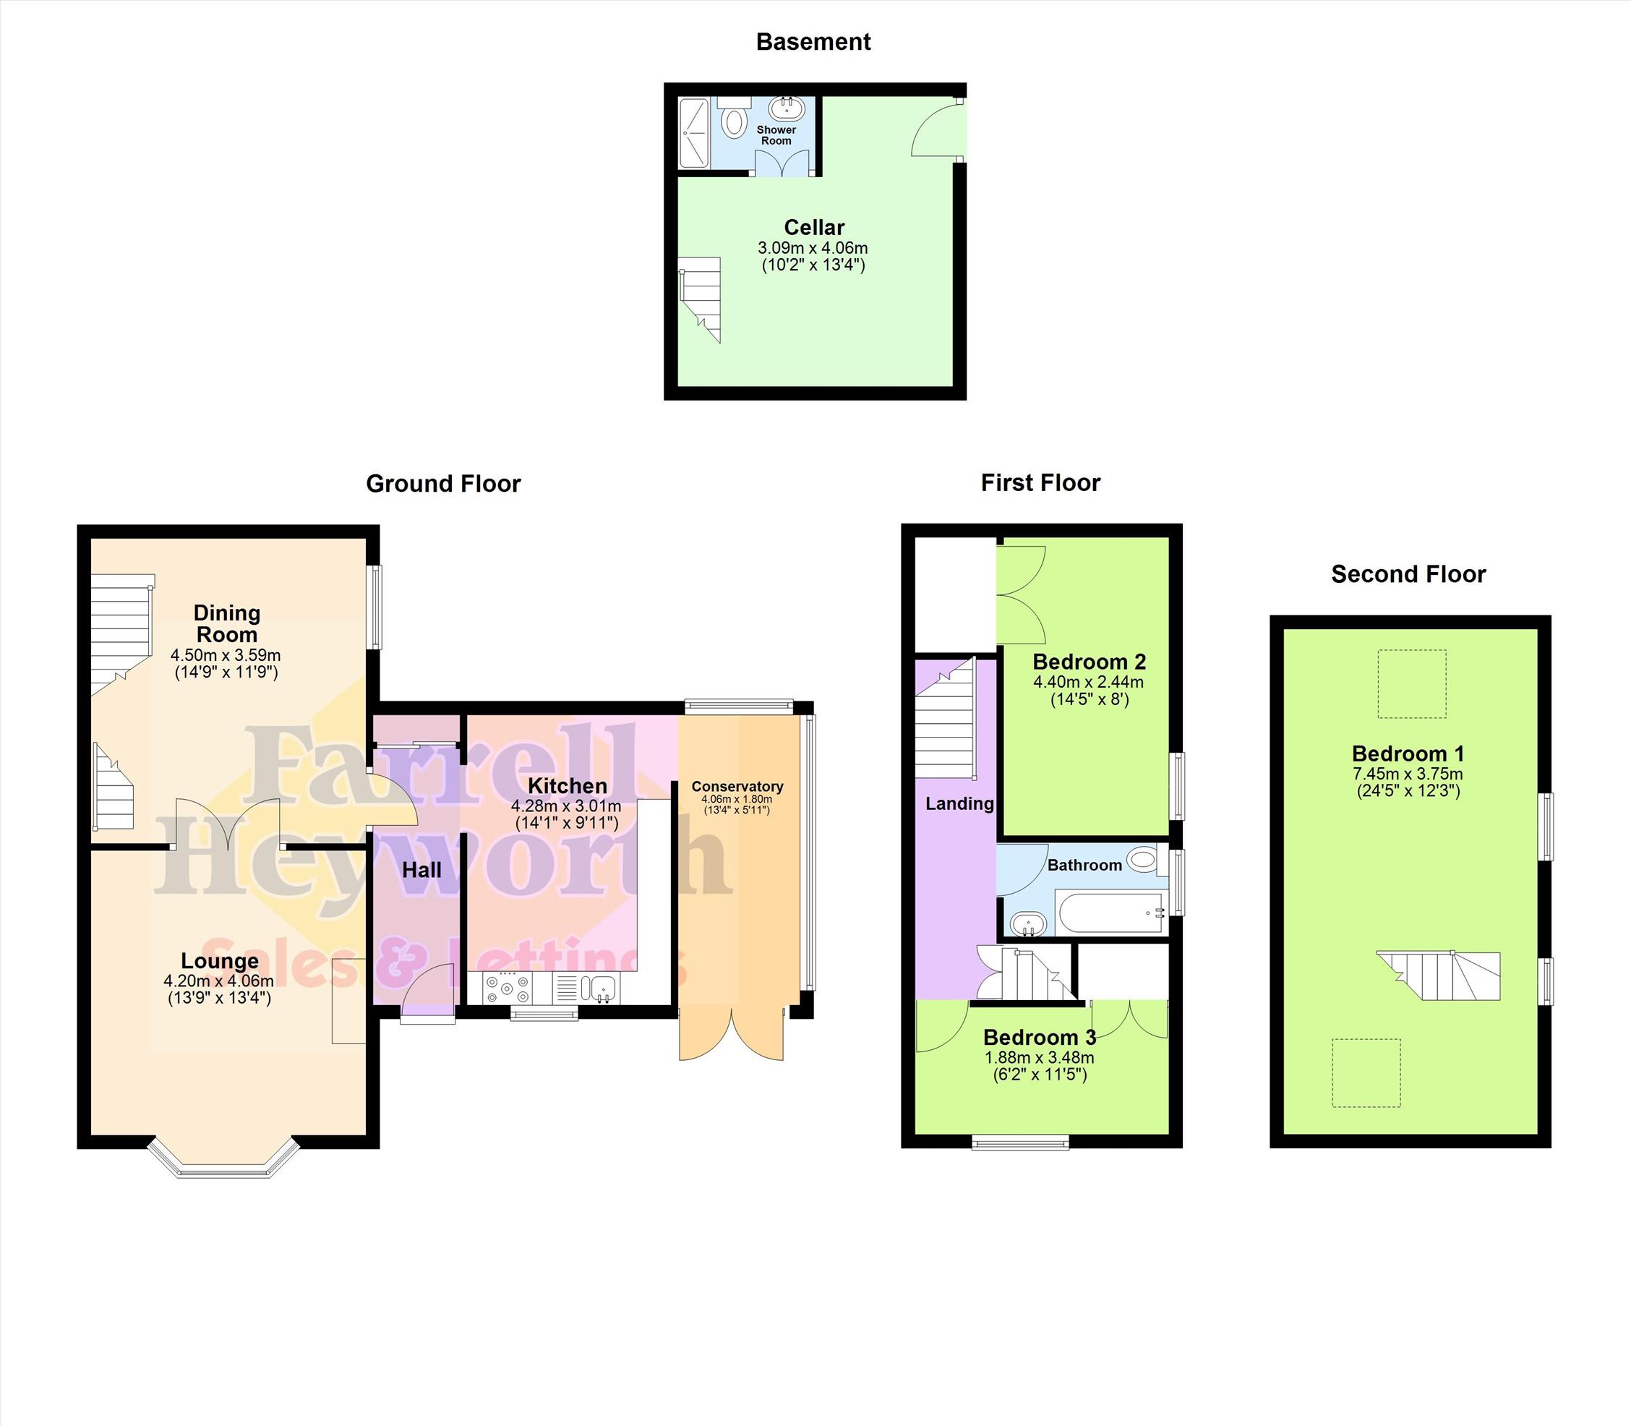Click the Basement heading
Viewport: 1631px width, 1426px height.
pyautogui.click(x=813, y=42)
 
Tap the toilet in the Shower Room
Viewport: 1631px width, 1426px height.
pyautogui.click(x=734, y=117)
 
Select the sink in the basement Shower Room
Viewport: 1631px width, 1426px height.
pyautogui.click(x=787, y=108)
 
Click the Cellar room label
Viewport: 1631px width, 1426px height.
pyautogui.click(x=814, y=228)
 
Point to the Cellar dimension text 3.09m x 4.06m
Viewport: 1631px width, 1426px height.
pyautogui.click(x=813, y=248)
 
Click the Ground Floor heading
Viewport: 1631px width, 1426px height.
pyautogui.click(x=443, y=484)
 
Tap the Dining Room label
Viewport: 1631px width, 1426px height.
pyautogui.click(x=227, y=624)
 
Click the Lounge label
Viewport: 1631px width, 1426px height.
pyautogui.click(x=220, y=961)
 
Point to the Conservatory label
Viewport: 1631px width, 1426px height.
pyautogui.click(x=737, y=786)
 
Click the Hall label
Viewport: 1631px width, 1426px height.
pyautogui.click(x=421, y=871)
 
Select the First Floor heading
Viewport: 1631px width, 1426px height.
pyautogui.click(x=1040, y=483)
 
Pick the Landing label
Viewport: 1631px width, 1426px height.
pyautogui.click(x=959, y=803)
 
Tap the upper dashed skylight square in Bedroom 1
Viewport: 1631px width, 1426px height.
pyautogui.click(x=1412, y=683)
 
